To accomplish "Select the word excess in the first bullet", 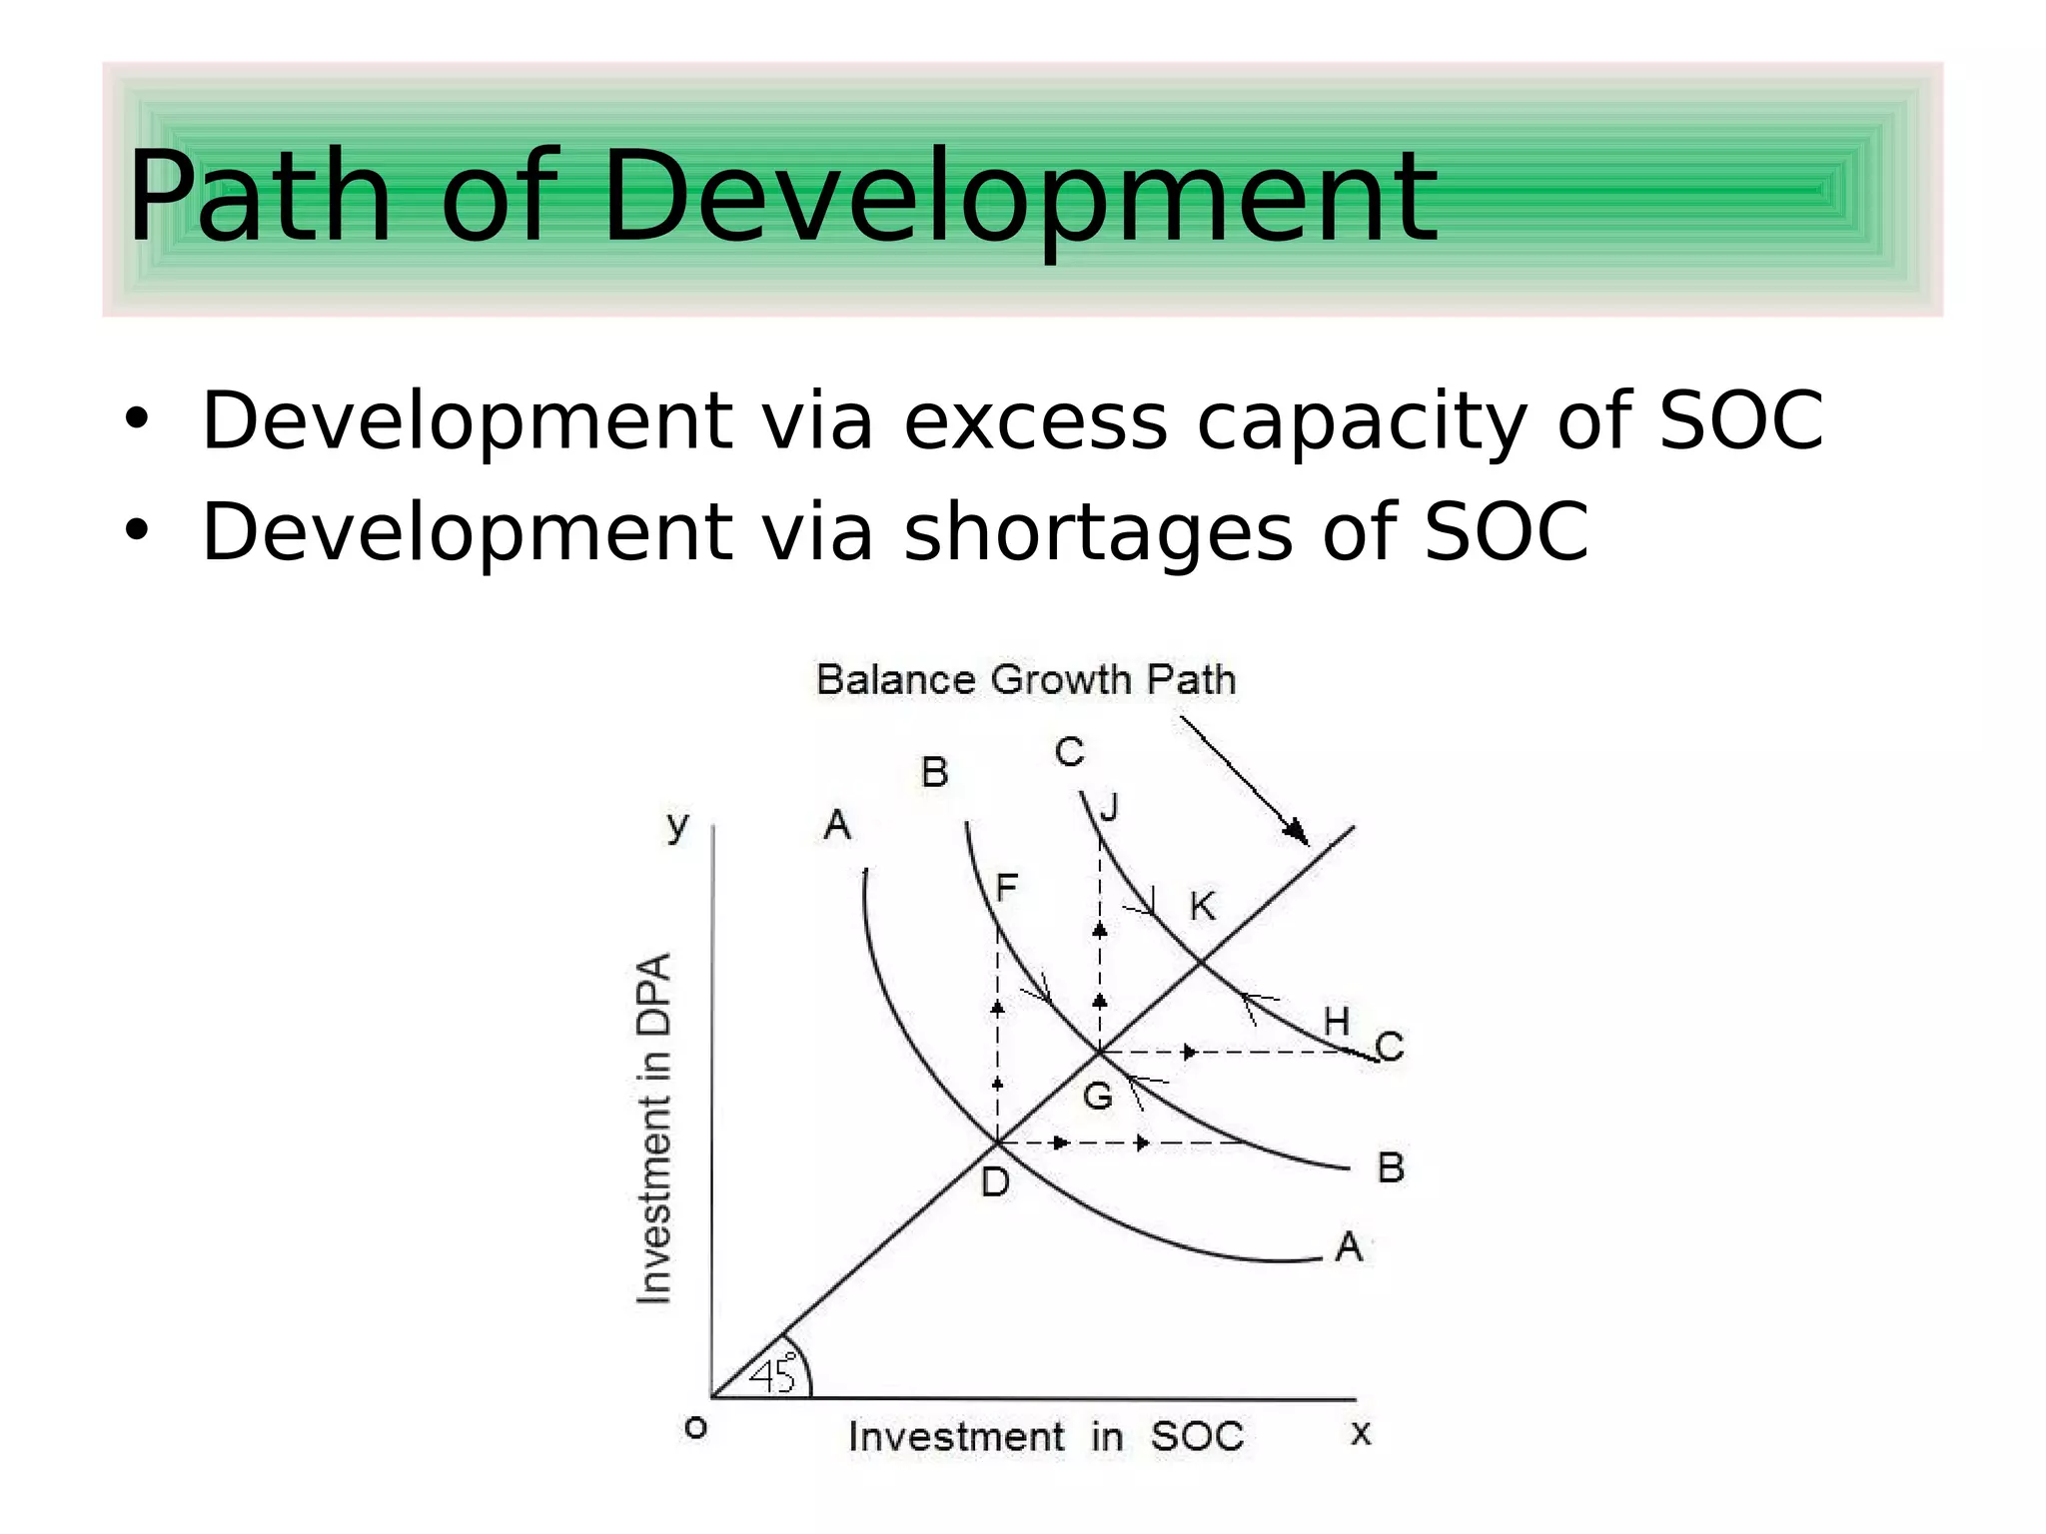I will [1035, 420].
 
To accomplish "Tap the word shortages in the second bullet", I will [1099, 531].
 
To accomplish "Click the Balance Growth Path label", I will [1026, 680].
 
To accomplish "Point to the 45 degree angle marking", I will [772, 1374].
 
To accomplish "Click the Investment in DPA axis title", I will [654, 1128].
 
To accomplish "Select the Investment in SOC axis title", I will [1045, 1437].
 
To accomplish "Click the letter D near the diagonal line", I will [995, 1182].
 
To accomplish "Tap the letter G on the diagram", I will [1098, 1097].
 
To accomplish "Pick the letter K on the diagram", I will [1202, 907].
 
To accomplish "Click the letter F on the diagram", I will [1006, 887].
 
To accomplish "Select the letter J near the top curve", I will [1109, 807].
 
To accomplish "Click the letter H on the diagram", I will [1336, 1022].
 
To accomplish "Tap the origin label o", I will [695, 1428].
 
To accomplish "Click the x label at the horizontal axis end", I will [1361, 1434].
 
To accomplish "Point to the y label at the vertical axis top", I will [678, 826].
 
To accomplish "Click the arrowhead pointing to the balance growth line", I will [1297, 832].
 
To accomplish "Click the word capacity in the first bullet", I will [1362, 420].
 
